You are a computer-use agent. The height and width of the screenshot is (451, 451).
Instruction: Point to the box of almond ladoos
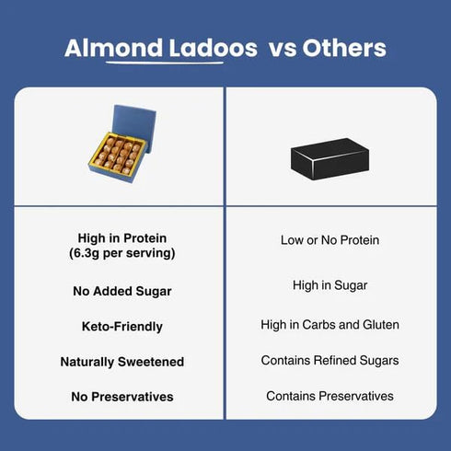(x=121, y=147)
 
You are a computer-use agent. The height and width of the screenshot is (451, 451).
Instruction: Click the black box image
(x=330, y=162)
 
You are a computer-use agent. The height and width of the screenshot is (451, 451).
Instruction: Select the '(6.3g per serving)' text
(x=121, y=252)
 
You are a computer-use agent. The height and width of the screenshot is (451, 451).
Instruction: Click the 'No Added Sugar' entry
(x=121, y=291)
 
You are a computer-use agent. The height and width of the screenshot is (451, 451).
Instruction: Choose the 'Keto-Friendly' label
(x=121, y=326)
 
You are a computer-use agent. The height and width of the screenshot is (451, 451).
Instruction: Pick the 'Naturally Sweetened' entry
(x=121, y=362)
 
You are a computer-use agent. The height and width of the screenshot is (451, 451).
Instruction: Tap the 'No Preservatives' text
(x=121, y=397)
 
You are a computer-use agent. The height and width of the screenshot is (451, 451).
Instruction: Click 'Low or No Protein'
(x=330, y=240)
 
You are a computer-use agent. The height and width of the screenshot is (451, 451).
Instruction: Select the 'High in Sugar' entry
(x=330, y=285)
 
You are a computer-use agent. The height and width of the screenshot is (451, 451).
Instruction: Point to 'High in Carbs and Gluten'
(x=330, y=325)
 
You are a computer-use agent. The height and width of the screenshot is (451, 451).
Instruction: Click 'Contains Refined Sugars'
(x=330, y=360)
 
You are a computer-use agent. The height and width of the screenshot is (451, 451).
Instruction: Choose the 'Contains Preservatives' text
(x=330, y=396)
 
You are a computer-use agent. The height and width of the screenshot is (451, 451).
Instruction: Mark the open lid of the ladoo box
(x=134, y=123)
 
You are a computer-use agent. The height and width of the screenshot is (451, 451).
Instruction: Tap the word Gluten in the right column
(x=380, y=325)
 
